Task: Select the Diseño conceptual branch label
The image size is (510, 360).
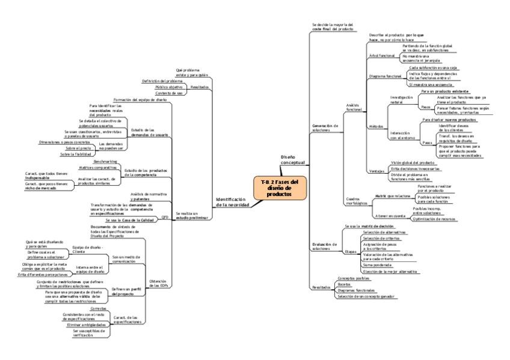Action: [293, 159]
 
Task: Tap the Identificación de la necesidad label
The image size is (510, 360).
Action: [232, 202]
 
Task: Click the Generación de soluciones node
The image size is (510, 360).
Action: [325, 128]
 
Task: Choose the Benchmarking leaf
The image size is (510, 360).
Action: [105, 162]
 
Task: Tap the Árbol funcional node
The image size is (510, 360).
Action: [382, 55]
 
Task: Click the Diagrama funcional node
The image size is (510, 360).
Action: [385, 77]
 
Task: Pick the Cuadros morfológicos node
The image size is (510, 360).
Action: [357, 201]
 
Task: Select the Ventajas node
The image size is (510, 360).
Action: [377, 171]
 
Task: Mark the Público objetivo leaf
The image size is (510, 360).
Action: [169, 87]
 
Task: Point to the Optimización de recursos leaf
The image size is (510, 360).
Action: [436, 219]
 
